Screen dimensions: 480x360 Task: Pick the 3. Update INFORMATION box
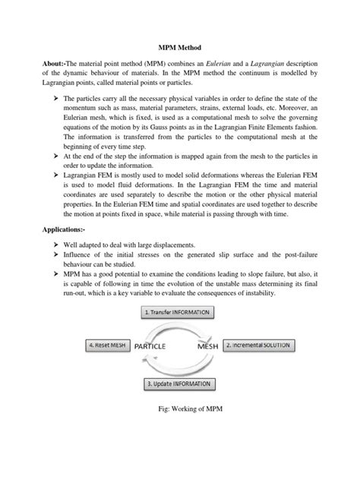[x=180, y=384]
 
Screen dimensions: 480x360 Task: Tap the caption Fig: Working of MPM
[x=180, y=409]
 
